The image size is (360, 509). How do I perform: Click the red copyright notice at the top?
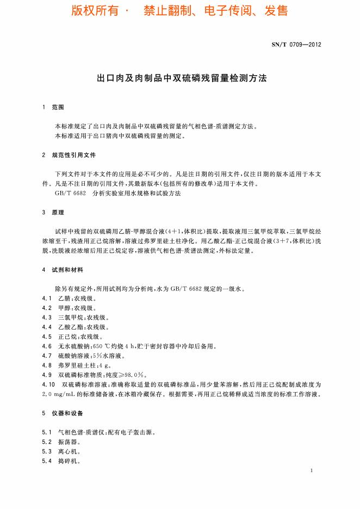pos(179,10)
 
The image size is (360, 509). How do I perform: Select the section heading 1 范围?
pos(53,108)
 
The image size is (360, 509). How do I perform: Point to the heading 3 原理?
pos(53,212)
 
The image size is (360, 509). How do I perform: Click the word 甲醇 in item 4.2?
pos(64,308)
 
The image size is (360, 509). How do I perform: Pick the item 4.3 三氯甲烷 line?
pos(76,317)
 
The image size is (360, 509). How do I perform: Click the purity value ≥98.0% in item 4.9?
pos(132,375)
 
